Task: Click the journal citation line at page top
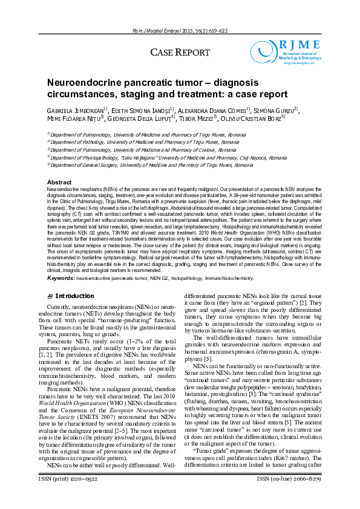[x=180, y=30]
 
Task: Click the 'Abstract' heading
[x=59, y=183]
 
